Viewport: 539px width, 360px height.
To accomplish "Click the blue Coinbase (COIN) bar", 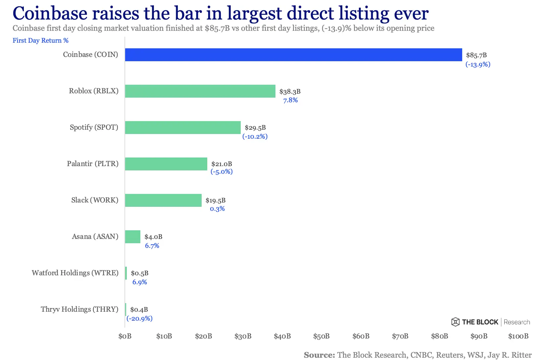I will (293, 55).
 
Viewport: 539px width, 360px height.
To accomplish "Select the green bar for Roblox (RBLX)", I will (200, 91).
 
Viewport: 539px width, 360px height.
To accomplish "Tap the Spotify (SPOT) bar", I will (183, 127).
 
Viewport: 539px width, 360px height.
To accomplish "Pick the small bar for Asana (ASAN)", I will (132, 237).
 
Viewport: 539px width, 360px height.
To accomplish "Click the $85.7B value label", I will (476, 55).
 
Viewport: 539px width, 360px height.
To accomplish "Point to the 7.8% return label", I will (290, 100).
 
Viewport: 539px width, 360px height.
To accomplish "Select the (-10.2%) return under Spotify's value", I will (255, 136).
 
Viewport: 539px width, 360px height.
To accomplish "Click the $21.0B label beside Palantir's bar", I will (221, 164).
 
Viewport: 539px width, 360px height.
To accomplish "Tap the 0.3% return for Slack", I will (217, 209).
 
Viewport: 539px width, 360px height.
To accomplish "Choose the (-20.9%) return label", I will (139, 318).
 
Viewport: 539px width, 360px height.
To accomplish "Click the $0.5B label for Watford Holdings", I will (139, 273).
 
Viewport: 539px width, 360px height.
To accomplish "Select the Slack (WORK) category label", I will (95, 200).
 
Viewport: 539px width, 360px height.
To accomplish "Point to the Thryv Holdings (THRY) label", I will (79, 309).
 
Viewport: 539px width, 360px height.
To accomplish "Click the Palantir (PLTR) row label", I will (93, 164).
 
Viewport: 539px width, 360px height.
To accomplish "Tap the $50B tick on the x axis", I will (321, 336).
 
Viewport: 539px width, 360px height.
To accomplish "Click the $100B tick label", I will (518, 336).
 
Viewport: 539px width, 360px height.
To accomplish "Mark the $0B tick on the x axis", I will (125, 336).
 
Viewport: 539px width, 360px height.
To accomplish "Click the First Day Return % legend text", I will (40, 40).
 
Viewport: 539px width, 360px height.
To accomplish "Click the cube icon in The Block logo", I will (455, 322).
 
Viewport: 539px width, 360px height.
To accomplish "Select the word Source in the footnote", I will (319, 355).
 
